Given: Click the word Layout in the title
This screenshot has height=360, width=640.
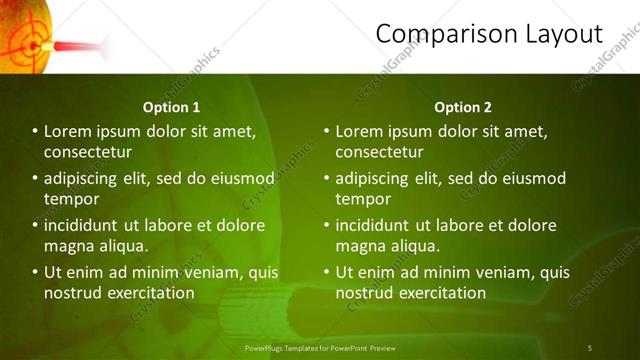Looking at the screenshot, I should pyautogui.click(x=564, y=34).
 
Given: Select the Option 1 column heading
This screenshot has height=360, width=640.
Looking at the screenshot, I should pyautogui.click(x=172, y=107).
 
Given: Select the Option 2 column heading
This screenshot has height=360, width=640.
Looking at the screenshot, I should pyautogui.click(x=463, y=107).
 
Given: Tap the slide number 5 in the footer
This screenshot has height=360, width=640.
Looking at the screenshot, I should pyautogui.click(x=589, y=348).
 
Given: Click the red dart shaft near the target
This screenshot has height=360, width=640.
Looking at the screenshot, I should pyautogui.click(x=80, y=46).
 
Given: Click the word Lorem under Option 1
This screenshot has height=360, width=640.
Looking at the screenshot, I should pyautogui.click(x=69, y=131).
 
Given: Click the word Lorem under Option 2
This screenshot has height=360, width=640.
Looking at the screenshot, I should pyautogui.click(x=360, y=131).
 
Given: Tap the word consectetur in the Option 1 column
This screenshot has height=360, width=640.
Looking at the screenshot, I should pyautogui.click(x=88, y=152).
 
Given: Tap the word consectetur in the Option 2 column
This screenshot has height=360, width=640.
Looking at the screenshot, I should pyautogui.click(x=379, y=152).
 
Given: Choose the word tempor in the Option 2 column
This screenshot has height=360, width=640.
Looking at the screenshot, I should pyautogui.click(x=363, y=199).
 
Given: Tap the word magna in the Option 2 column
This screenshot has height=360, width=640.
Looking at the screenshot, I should pyautogui.click(x=359, y=246).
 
